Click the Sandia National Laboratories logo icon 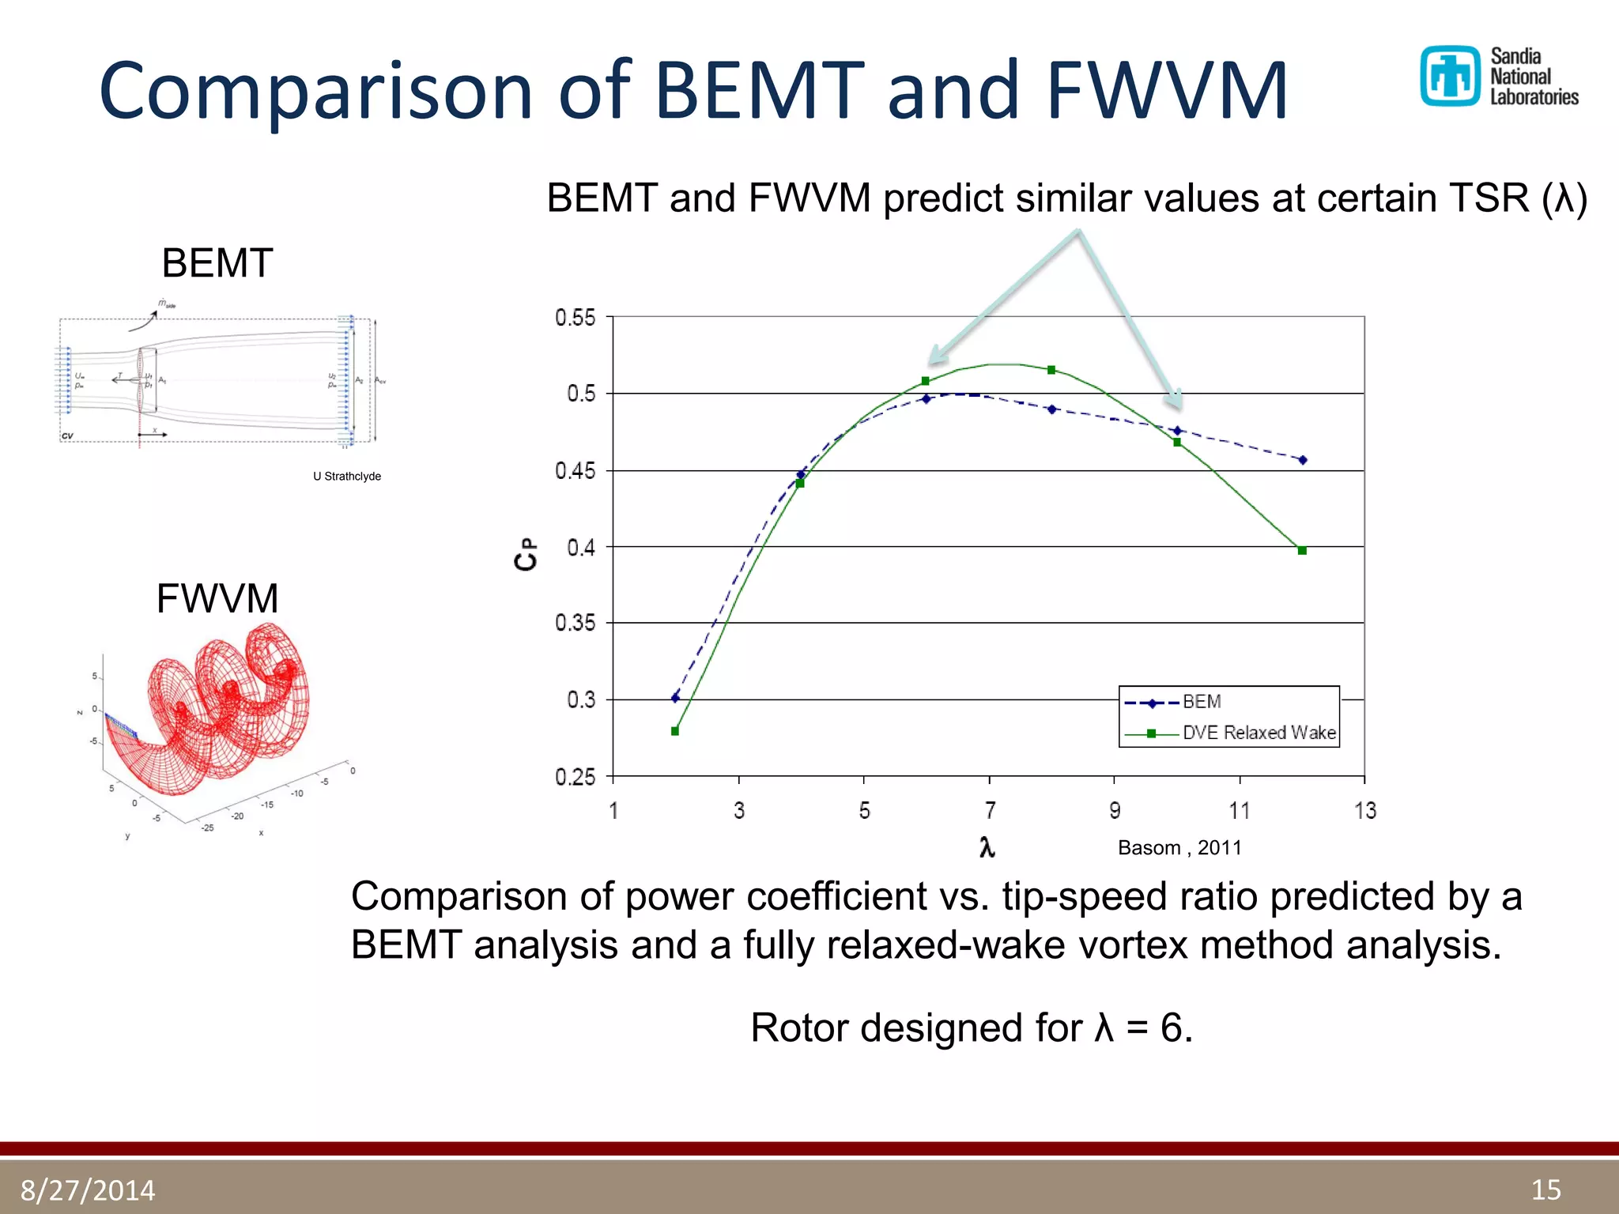tap(1449, 76)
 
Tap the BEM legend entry tap(1201, 702)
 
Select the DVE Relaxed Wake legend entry tap(1259, 733)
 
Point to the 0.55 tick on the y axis tap(576, 318)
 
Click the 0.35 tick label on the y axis tap(576, 623)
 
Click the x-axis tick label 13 tap(1364, 810)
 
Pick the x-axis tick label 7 tap(990, 810)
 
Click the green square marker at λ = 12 tap(1302, 550)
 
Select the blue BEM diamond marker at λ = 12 tap(1303, 459)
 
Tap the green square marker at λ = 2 tap(675, 731)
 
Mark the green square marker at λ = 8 tap(1051, 370)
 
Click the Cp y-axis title tap(526, 554)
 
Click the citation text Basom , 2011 tap(1179, 847)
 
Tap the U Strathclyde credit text tap(347, 476)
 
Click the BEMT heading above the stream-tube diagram tap(217, 263)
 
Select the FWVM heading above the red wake tap(217, 598)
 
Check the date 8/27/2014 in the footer tap(88, 1189)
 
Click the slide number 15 tap(1545, 1189)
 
